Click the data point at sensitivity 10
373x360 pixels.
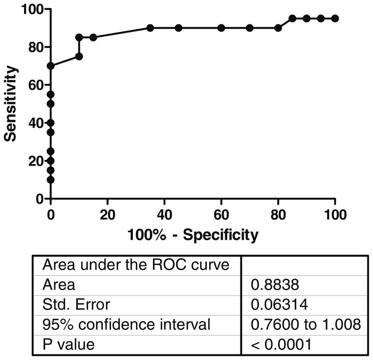[50, 179]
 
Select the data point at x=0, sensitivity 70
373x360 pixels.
[50, 66]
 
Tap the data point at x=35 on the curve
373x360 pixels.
[150, 28]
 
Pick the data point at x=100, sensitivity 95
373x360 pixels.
[335, 18]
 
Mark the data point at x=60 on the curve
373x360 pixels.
[221, 28]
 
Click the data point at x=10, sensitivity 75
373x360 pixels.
[79, 56]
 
